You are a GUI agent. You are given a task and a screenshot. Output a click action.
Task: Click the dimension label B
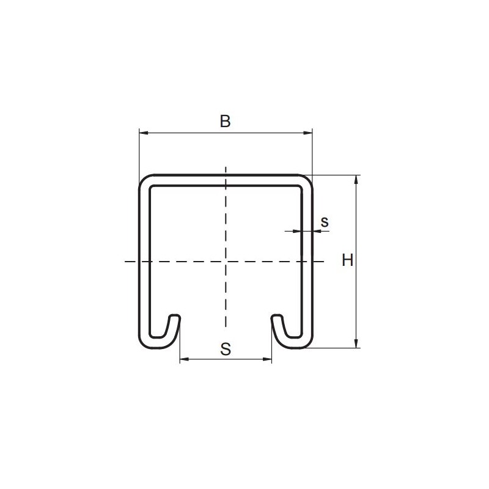[225, 121]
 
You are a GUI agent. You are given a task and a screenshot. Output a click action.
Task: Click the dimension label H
[347, 260]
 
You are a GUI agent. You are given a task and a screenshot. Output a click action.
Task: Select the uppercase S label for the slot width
[226, 349]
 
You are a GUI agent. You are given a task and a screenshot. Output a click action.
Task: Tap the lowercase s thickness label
[325, 222]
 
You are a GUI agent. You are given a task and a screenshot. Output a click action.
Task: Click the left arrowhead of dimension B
[144, 133]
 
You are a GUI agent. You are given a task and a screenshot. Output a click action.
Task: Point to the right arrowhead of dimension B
[308, 133]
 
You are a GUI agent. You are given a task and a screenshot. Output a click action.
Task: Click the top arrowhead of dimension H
[356, 180]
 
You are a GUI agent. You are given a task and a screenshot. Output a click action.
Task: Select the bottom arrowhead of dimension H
[356, 344]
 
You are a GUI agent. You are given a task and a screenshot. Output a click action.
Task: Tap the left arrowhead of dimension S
[185, 359]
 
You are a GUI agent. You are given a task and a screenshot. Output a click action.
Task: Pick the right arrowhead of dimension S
[267, 359]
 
